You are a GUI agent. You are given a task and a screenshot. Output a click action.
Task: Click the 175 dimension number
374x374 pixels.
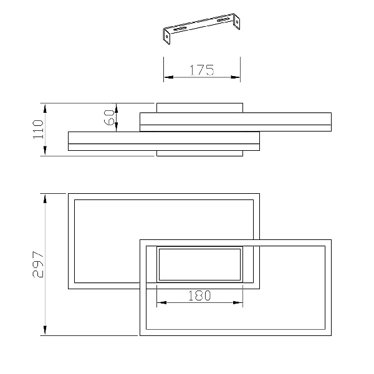point(202,70)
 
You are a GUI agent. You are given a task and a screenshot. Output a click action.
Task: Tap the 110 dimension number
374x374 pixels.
point(38,129)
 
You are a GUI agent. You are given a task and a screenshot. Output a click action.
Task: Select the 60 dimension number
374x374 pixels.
point(109,118)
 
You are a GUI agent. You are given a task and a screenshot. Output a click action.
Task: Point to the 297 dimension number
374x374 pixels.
point(38,264)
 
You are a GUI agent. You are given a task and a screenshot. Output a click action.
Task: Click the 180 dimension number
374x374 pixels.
point(199,295)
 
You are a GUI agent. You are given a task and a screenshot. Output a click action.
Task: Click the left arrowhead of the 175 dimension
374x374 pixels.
point(169,77)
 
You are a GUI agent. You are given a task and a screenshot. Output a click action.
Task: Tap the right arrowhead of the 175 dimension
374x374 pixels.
point(235,77)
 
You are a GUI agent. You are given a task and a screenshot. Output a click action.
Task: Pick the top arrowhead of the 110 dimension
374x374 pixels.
point(45,108)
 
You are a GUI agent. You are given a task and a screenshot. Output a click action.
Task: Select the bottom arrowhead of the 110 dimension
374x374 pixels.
point(45,151)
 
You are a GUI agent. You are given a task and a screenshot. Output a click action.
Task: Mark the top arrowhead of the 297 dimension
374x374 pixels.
point(45,198)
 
